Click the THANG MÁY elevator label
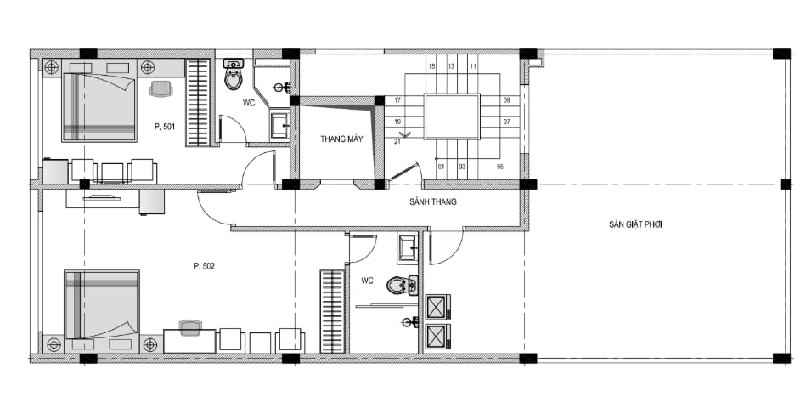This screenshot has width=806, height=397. click(x=341, y=139)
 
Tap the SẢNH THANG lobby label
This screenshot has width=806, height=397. click(x=433, y=201)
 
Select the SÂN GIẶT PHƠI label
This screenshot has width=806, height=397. click(x=635, y=224)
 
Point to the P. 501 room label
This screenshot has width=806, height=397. click(x=165, y=127)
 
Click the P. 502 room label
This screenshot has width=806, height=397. click(x=204, y=266)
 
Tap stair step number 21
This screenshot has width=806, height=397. click(x=397, y=141)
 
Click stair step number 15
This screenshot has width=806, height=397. click(x=431, y=66)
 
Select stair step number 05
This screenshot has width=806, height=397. click(x=500, y=167)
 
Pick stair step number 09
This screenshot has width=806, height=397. click(x=507, y=100)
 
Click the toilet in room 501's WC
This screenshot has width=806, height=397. click(x=234, y=75)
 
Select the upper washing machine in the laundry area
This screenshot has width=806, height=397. click(x=438, y=307)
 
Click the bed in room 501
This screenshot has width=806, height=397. click(x=99, y=107)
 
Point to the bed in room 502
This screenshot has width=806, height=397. click(x=102, y=304)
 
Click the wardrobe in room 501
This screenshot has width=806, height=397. click(x=198, y=103)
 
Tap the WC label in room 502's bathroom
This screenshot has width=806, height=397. click(x=367, y=281)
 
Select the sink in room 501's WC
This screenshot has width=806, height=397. click(x=279, y=125)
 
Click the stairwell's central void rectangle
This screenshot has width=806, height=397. click(x=452, y=116)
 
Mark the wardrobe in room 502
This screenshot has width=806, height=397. click(x=332, y=312)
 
